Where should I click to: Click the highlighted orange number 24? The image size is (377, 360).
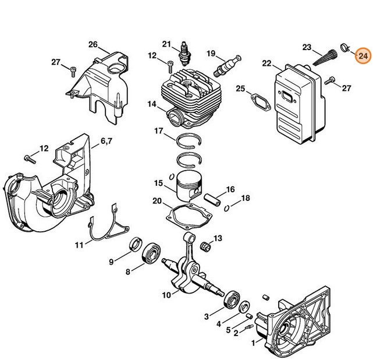coord(362,56)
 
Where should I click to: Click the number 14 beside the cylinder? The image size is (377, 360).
coord(151,105)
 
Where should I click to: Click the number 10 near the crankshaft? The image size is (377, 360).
coord(166,295)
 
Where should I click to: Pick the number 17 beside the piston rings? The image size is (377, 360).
coord(158,132)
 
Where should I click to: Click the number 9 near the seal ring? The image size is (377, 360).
coord(111,262)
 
